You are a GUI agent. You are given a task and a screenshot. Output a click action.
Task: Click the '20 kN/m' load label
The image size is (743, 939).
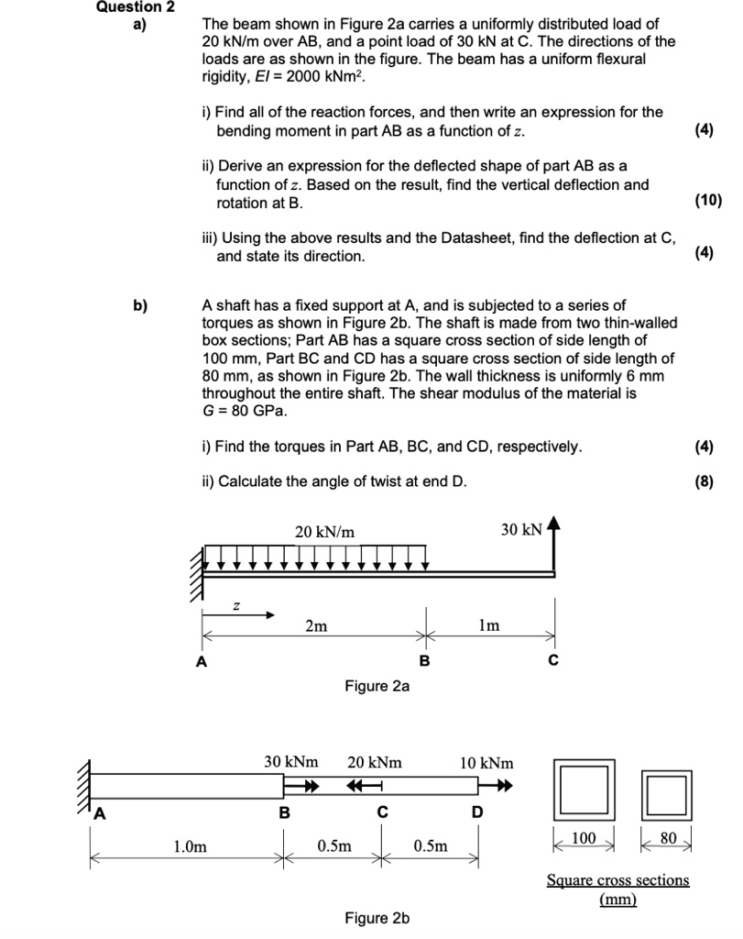tap(324, 531)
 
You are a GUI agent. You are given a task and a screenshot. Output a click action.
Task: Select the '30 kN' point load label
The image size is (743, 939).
tap(521, 529)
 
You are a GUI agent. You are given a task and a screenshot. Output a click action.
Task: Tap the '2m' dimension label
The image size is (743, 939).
tap(315, 625)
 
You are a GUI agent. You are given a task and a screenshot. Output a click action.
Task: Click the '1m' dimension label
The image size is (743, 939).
tap(490, 625)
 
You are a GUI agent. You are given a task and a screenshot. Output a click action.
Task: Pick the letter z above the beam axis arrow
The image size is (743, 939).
tap(236, 605)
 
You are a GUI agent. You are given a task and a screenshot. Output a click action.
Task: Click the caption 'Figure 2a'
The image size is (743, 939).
tap(377, 686)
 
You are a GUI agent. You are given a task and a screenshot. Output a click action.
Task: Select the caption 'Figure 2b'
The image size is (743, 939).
tap(377, 918)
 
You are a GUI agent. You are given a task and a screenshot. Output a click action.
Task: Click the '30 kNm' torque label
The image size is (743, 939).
tap(291, 762)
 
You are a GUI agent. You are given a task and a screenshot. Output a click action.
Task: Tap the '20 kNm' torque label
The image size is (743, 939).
tap(375, 762)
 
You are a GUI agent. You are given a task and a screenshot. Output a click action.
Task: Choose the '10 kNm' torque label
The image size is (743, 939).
tap(486, 762)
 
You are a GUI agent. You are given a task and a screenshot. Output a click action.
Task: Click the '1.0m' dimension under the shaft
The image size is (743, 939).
tap(189, 846)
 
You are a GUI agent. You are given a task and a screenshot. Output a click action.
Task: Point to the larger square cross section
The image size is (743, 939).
tap(581, 790)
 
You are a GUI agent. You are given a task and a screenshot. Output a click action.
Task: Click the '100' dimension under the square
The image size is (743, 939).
tap(583, 838)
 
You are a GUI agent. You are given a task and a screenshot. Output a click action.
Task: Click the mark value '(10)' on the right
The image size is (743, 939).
tap(708, 200)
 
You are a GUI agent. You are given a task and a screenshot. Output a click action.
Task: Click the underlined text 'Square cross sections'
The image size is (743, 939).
tap(617, 880)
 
